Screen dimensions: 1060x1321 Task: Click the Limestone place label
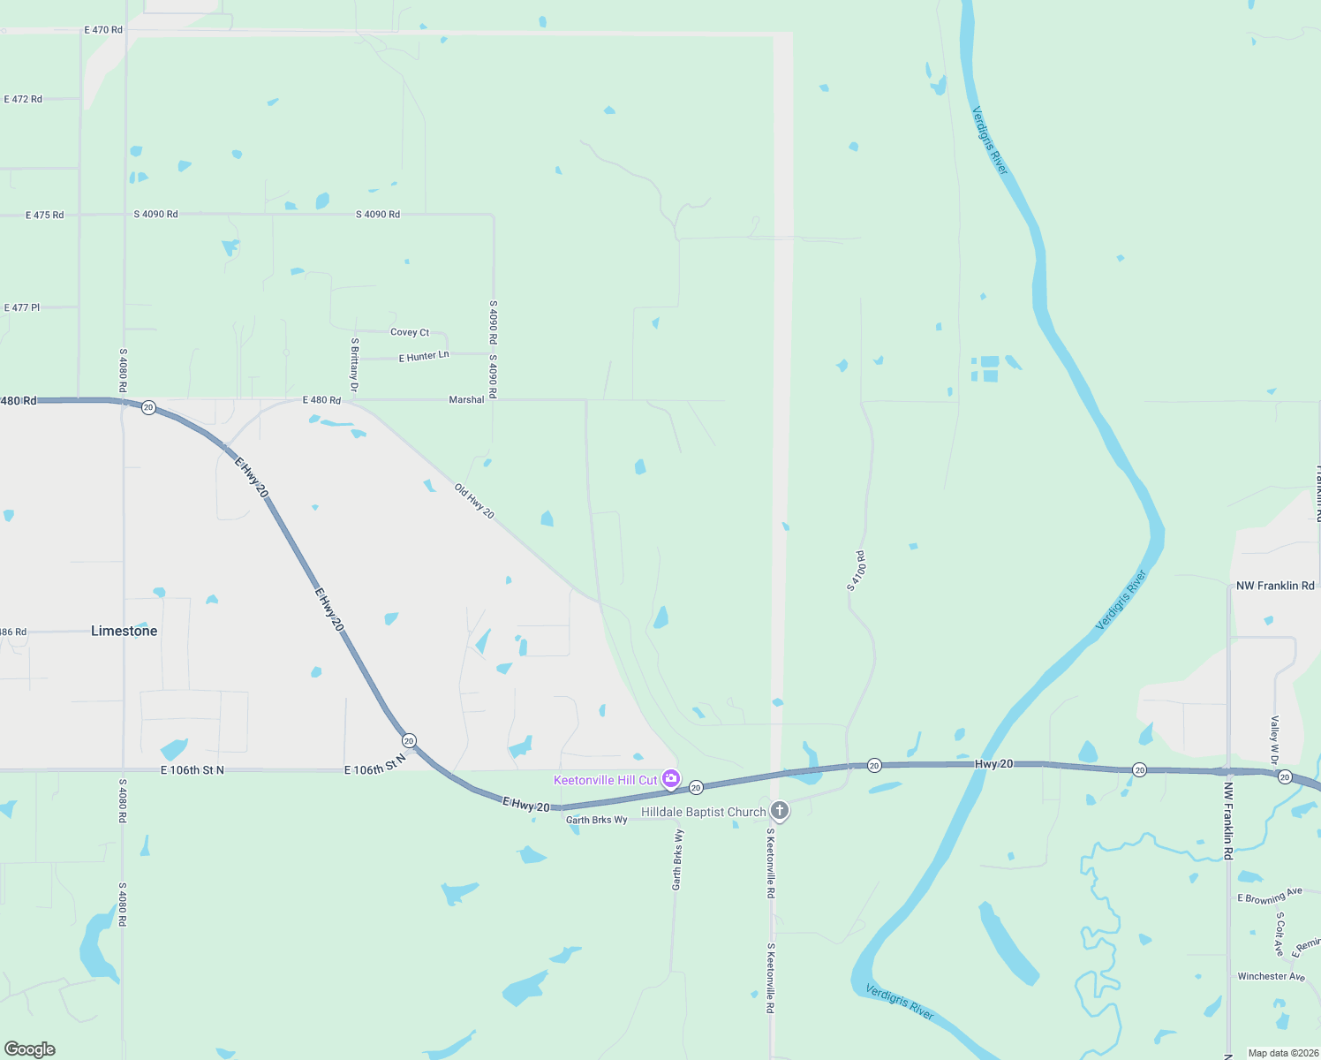(125, 631)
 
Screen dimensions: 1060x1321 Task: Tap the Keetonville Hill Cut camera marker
(671, 778)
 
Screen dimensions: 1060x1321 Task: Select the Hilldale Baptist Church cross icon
(779, 810)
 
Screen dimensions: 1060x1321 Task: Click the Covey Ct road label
(410, 332)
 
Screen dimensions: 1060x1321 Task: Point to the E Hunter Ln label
(424, 356)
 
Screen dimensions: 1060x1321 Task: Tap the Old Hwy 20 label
(474, 501)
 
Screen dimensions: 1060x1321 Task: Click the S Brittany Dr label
(354, 365)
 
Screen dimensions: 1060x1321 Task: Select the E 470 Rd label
(103, 30)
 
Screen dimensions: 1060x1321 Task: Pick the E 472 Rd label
(23, 99)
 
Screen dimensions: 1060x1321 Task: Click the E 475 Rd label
(45, 215)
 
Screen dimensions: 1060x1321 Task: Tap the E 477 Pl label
(22, 307)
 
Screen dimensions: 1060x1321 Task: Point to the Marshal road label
(466, 400)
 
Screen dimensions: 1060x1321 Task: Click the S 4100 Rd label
(856, 571)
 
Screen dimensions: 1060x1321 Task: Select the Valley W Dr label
(1275, 740)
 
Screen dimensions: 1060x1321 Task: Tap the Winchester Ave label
(1271, 976)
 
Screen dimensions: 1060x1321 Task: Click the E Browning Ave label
(1270, 897)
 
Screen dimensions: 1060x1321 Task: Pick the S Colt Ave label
(1279, 935)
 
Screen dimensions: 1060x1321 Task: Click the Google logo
(30, 1049)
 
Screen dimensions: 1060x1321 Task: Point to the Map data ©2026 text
(1283, 1053)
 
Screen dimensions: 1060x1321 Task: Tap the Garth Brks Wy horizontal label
(597, 820)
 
